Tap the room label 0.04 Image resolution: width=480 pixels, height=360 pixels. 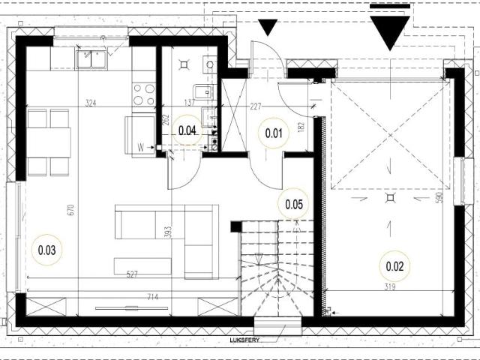(x=188, y=130)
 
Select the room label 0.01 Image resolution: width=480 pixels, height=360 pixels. (x=273, y=135)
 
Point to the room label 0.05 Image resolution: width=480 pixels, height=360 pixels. (x=293, y=203)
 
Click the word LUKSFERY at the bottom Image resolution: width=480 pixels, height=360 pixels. (x=245, y=340)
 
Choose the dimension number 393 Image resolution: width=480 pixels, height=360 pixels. (x=169, y=232)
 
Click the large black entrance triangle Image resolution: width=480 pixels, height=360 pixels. (x=390, y=30)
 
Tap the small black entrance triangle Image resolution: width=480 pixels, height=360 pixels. (x=268, y=28)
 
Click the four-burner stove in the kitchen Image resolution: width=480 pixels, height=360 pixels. (x=144, y=94)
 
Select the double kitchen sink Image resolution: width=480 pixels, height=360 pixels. (x=91, y=59)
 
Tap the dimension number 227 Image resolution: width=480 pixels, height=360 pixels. (x=256, y=106)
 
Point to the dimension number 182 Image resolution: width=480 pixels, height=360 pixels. (x=301, y=127)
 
